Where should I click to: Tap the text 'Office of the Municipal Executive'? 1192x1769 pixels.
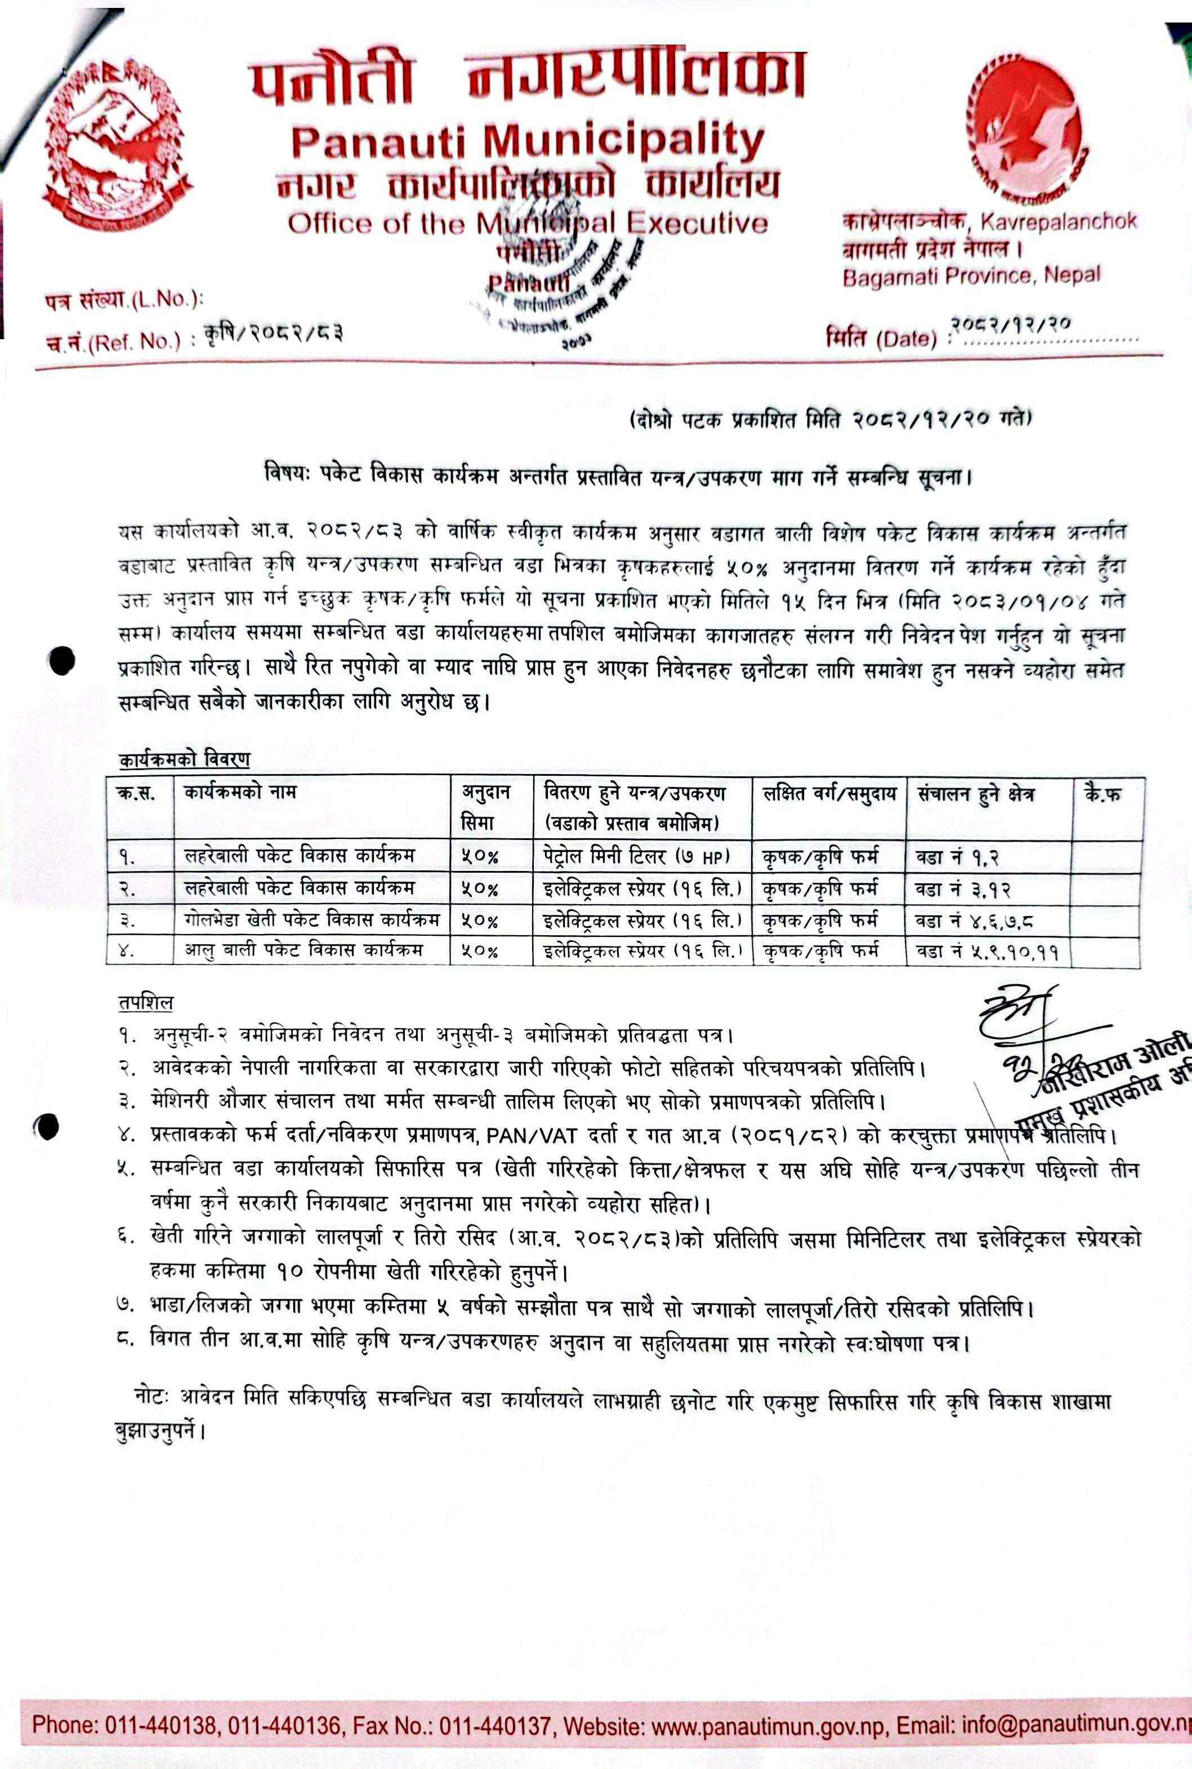pos(527,224)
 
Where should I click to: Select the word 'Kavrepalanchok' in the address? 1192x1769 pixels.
pos(1057,221)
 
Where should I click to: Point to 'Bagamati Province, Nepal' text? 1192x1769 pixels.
pos(970,276)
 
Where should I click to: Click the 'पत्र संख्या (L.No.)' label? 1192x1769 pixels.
pos(124,300)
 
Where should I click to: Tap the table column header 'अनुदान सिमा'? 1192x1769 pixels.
pos(486,807)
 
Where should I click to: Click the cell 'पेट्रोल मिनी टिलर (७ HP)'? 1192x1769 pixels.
pos(636,857)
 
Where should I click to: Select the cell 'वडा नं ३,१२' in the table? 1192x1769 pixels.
pos(962,889)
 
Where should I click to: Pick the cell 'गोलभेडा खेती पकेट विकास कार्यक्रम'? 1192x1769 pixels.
pos(312,919)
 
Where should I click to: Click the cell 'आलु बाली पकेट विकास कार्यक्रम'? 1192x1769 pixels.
pos(303,950)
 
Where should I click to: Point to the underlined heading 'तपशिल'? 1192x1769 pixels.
pos(145,1002)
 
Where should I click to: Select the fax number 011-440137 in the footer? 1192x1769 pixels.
pos(495,1726)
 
